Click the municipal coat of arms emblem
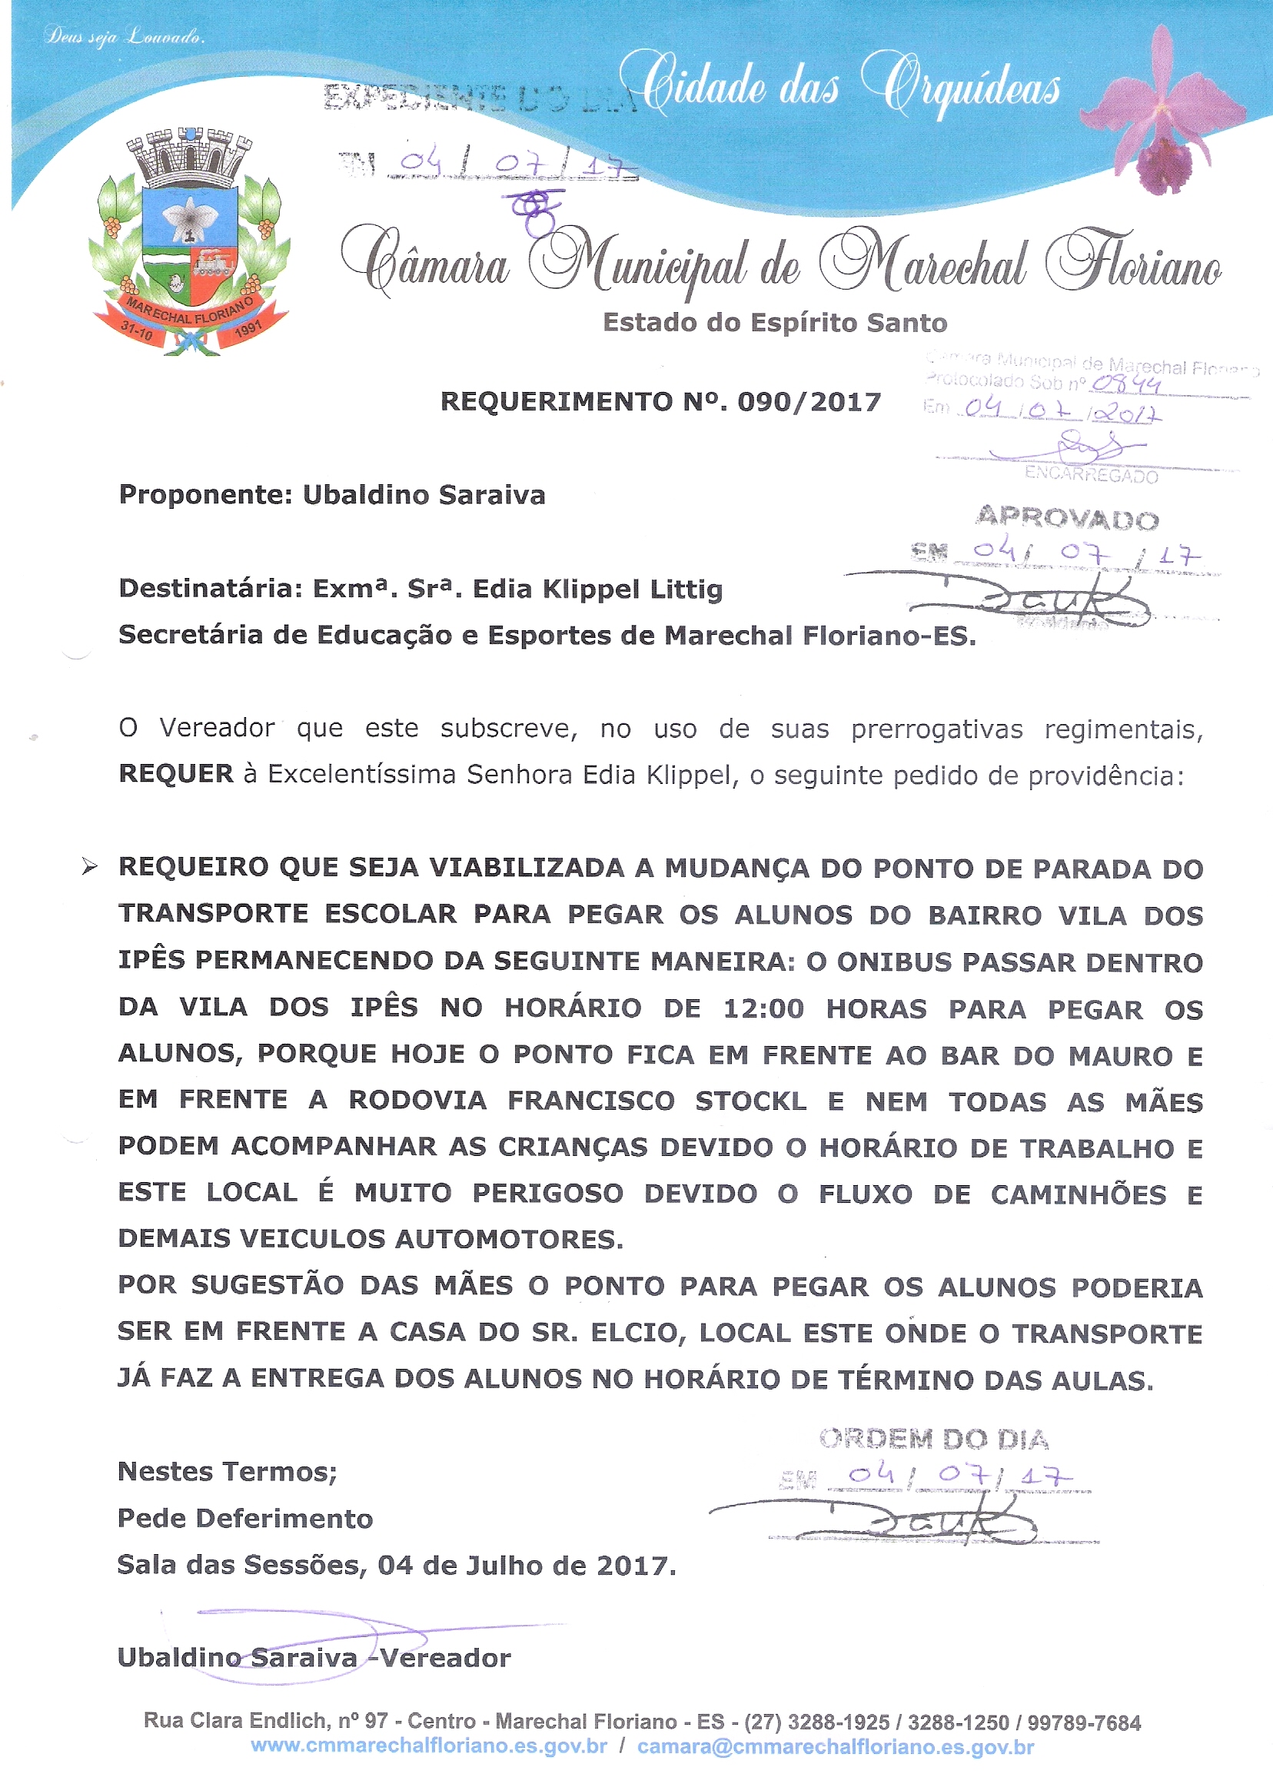[x=190, y=243]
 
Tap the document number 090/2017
[x=809, y=402]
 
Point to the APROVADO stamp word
[x=1067, y=518]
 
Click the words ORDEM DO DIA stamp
[x=933, y=1439]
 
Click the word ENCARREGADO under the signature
[x=1091, y=475]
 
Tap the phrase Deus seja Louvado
[x=125, y=36]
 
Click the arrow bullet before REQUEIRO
[x=90, y=866]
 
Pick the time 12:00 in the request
[x=763, y=1009]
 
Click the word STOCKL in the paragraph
[x=750, y=1101]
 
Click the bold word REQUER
[x=175, y=774]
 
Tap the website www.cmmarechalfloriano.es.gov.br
[x=429, y=1745]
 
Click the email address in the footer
[x=836, y=1745]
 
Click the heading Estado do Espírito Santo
[x=774, y=323]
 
